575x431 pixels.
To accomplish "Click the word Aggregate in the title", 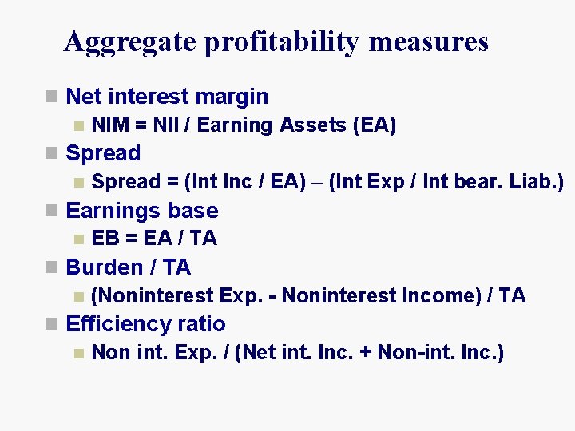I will tap(130, 42).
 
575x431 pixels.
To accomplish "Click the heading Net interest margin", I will tap(167, 97).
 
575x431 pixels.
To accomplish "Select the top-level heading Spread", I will tap(103, 153).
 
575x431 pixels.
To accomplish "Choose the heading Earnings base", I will tap(142, 211).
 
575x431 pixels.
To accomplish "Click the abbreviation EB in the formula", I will tap(105, 239).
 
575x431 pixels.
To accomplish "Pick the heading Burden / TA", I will tap(129, 267).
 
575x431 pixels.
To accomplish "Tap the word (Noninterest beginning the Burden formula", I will tap(153, 295).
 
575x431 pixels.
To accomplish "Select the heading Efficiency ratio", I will tap(145, 324).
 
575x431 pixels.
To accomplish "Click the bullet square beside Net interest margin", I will tap(53, 97).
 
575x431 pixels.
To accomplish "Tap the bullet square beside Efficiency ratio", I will tap(53, 325).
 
